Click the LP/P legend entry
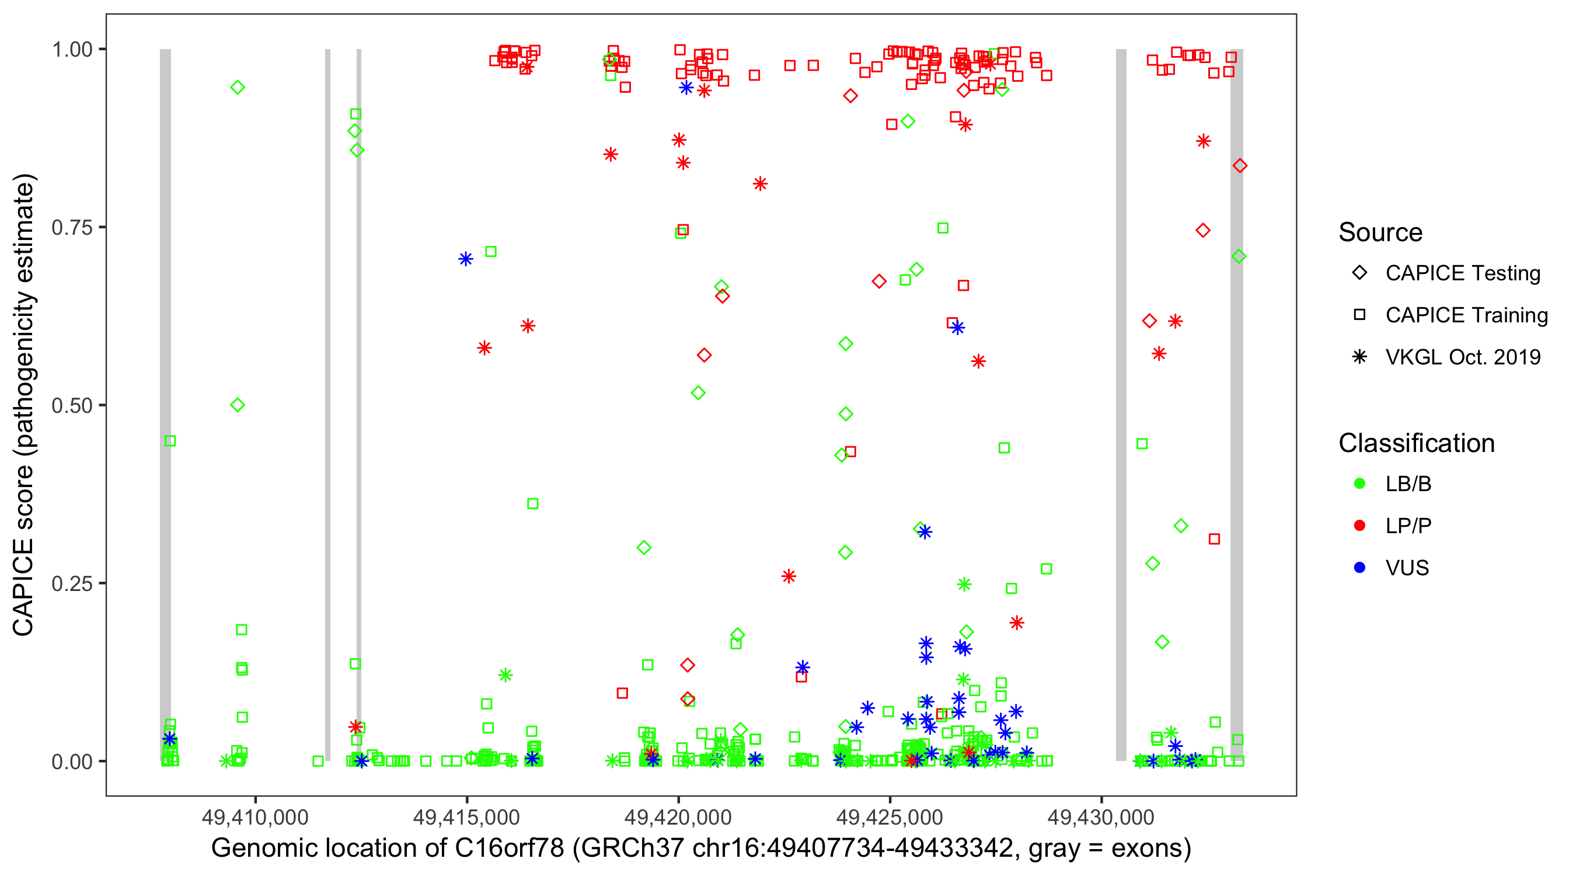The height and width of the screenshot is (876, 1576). [1408, 526]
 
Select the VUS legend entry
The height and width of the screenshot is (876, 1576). [1407, 568]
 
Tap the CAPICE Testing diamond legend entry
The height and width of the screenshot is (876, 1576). [1462, 273]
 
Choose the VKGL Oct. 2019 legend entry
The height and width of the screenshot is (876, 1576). [1462, 357]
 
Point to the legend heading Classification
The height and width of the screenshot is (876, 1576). [1416, 443]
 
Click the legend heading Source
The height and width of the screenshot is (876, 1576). [1380, 232]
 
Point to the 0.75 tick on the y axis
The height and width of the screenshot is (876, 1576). [72, 228]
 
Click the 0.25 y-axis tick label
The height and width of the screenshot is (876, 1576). [72, 583]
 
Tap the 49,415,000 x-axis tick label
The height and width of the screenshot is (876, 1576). [466, 817]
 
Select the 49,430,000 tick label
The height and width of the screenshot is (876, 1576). [1101, 817]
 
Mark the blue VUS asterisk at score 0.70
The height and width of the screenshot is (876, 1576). [466, 259]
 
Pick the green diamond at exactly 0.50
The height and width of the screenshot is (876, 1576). [238, 405]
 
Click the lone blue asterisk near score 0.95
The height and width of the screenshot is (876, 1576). [686, 88]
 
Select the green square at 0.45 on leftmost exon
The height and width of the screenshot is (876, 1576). [170, 442]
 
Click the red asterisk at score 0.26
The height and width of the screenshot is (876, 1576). [789, 576]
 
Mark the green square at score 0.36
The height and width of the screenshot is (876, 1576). [533, 504]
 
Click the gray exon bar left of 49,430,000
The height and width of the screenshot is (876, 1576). [1121, 404]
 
